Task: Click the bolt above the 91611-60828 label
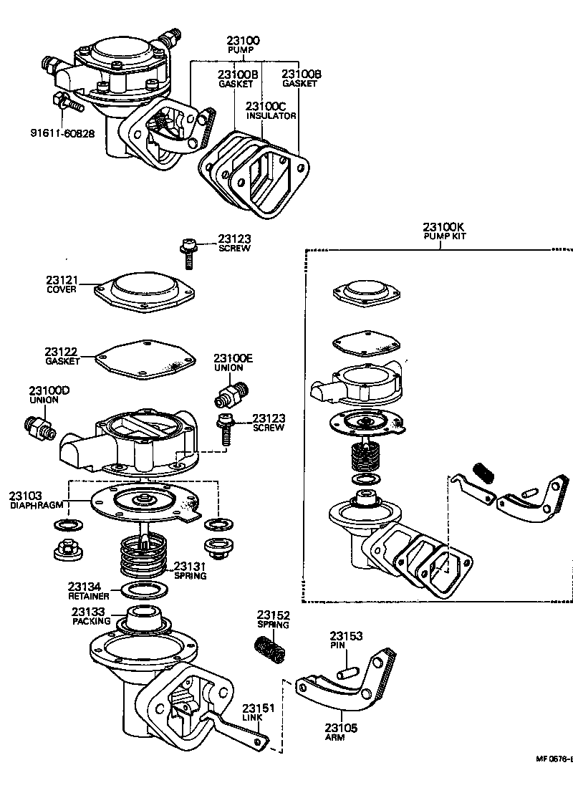(69, 102)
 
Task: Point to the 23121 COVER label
(62, 284)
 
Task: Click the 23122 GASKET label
(62, 356)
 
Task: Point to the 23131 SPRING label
(190, 570)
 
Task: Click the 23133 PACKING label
(89, 617)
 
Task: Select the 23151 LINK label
(258, 713)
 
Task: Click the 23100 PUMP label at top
(244, 45)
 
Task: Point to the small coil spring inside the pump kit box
(484, 473)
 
